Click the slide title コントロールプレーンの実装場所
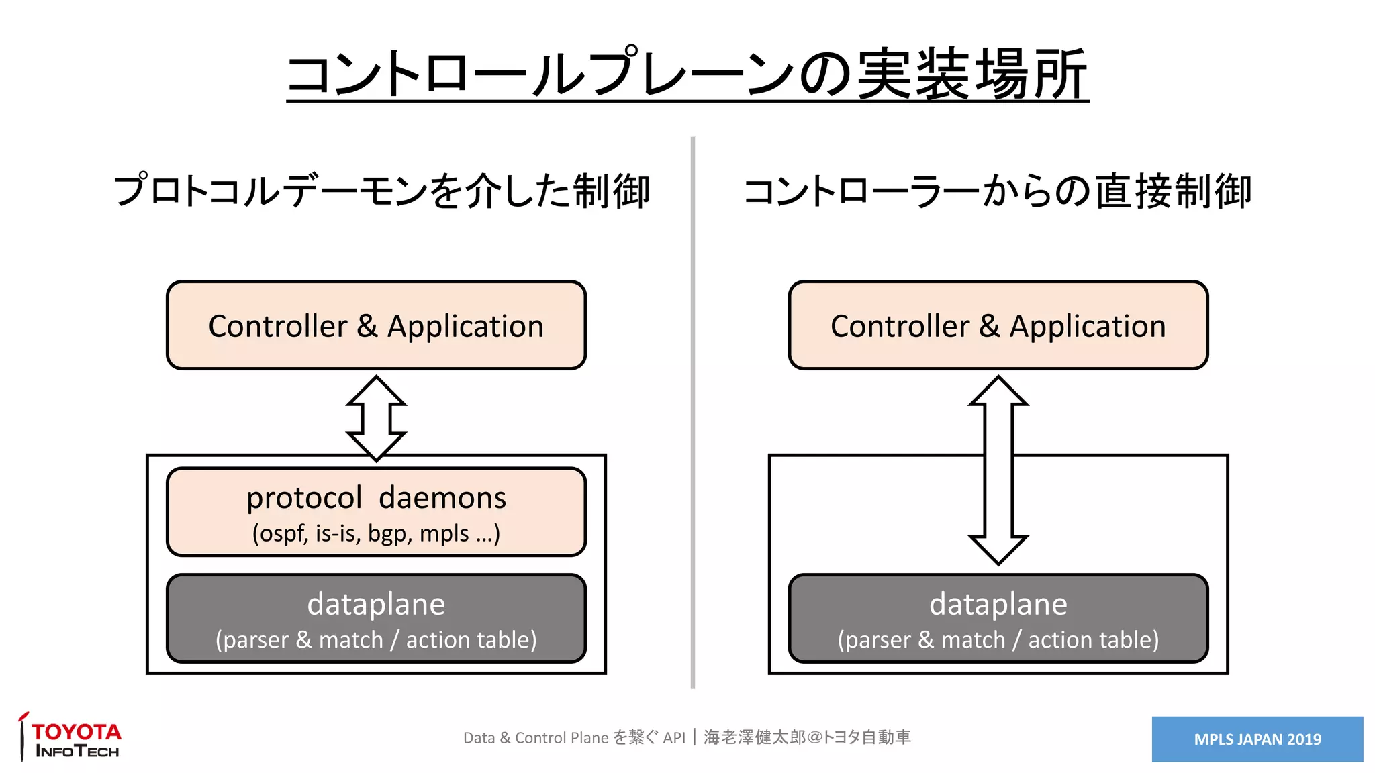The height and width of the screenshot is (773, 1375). pos(687,74)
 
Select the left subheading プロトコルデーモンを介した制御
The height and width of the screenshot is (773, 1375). pos(381,191)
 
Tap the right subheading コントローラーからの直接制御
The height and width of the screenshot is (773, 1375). pos(997,191)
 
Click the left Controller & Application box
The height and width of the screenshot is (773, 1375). pos(376,325)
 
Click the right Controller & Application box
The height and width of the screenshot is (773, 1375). pos(998,325)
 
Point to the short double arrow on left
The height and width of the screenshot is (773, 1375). pos(376,418)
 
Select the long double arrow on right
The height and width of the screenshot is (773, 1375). pos(998,470)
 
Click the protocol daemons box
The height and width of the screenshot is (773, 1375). pos(376,511)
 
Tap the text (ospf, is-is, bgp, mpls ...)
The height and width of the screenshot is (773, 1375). pos(376,533)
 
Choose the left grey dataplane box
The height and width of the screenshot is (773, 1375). pos(376,618)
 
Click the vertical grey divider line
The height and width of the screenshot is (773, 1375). pos(692,412)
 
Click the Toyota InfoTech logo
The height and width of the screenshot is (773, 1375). pos(70,737)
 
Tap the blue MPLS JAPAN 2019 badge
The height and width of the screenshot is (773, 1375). pos(1257,739)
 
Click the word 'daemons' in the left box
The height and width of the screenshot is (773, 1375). pos(442,498)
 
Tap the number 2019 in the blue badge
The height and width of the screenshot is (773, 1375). pos(1304,739)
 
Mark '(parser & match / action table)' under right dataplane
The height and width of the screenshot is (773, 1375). pos(998,640)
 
